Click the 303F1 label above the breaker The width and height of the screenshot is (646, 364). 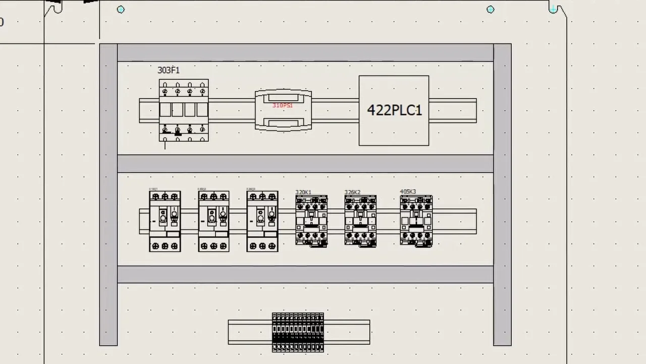(x=168, y=70)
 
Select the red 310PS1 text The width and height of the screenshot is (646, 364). (x=282, y=105)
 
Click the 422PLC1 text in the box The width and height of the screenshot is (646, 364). (x=394, y=110)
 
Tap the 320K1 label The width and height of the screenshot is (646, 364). (x=303, y=192)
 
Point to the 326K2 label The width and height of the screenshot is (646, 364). (x=352, y=192)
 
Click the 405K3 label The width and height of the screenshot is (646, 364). (x=408, y=192)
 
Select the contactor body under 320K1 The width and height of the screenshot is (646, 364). (x=311, y=221)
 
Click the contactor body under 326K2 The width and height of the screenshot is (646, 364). (x=360, y=221)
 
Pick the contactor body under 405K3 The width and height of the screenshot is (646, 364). (x=416, y=221)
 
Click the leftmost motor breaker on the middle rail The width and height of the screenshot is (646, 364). (x=165, y=221)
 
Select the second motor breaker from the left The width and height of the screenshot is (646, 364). (x=213, y=221)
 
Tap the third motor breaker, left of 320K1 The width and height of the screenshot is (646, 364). (x=262, y=221)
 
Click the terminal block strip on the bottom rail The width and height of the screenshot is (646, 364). (x=298, y=332)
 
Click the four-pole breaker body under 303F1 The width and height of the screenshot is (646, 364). (x=184, y=110)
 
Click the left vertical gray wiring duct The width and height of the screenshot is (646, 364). (x=109, y=195)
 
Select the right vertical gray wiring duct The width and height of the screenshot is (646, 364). (x=502, y=195)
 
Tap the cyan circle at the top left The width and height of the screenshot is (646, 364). (x=121, y=9)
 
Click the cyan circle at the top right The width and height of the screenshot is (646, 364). (x=491, y=9)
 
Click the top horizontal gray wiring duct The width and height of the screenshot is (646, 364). (x=305, y=53)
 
